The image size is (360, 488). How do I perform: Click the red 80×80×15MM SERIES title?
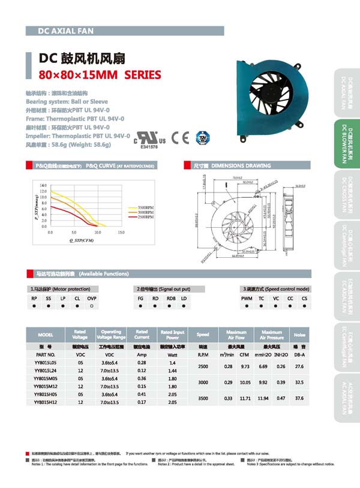(100, 76)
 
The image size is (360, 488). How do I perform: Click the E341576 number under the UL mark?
(149, 146)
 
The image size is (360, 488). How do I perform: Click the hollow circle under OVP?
(91, 306)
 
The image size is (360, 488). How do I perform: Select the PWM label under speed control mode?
(247, 298)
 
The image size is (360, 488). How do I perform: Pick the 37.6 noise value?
(300, 398)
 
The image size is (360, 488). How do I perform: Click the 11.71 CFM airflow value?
(244, 398)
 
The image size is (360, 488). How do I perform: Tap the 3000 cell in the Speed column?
(203, 382)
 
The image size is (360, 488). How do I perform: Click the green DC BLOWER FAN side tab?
(345, 144)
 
